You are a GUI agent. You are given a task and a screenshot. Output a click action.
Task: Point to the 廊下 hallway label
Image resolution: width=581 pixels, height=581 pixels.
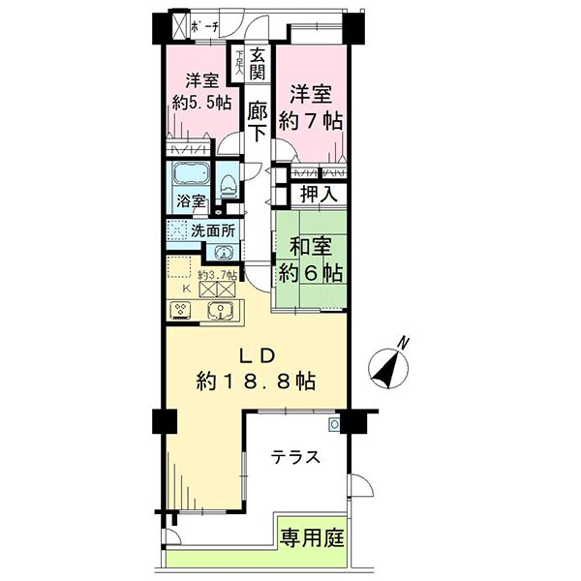[x=256, y=122]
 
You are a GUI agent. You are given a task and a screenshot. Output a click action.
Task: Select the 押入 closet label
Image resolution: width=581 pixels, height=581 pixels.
[x=318, y=194]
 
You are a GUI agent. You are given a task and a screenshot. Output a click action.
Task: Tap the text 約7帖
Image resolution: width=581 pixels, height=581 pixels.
[x=311, y=121]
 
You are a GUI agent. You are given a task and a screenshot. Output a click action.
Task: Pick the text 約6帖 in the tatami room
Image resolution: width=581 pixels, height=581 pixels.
[x=310, y=272]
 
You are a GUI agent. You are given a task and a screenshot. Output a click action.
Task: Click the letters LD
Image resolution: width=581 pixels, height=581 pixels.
[x=256, y=352]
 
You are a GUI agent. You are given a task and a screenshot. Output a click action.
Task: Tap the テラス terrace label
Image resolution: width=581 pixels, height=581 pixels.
[x=295, y=458]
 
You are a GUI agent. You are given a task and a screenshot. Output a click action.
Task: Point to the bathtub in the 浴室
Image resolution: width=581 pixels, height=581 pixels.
[x=189, y=177]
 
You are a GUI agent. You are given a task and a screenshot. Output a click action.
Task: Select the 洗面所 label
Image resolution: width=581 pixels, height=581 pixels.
[x=213, y=231]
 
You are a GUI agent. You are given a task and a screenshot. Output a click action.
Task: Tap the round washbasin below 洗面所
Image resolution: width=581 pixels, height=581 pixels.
[x=224, y=253]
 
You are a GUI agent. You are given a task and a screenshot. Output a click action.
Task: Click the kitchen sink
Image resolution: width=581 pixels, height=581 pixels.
[x=222, y=311]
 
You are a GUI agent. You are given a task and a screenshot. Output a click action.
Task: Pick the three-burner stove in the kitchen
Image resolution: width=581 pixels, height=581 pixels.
[x=181, y=311]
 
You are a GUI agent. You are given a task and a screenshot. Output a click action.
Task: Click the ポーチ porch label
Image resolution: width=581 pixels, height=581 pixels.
[x=205, y=24]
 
